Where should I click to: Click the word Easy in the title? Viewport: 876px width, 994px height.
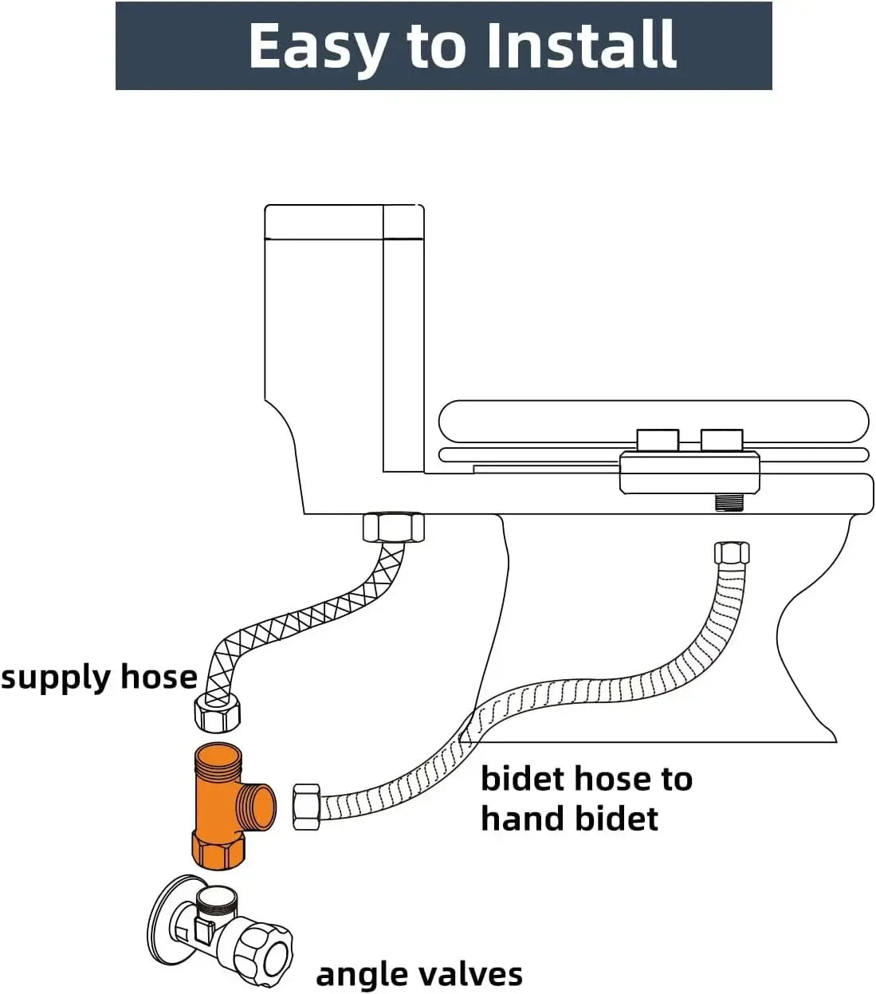pos(319,46)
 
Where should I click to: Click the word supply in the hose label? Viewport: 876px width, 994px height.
pos(54,678)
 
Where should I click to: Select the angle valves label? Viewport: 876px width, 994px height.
pos(419,973)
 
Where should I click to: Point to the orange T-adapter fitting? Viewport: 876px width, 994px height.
pos(224,805)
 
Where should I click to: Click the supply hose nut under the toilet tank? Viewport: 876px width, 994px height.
pos(393,528)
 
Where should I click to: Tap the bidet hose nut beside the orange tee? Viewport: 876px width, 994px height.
pos(307,807)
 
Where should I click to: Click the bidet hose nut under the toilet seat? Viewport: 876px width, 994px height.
pos(732,552)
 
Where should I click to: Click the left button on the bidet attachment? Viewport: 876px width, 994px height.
pos(658,439)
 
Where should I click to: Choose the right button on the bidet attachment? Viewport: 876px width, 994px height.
pos(722,439)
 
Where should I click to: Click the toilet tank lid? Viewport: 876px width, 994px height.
pos(344,222)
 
